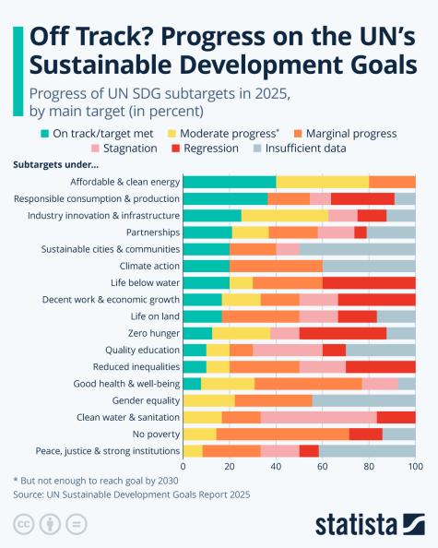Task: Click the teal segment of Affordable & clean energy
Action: point(230,182)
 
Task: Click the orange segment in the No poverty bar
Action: point(282,434)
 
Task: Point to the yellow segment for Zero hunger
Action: point(242,333)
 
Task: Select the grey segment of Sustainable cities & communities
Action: point(357,249)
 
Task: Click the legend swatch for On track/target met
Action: point(45,134)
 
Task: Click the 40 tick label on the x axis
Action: point(277,467)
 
